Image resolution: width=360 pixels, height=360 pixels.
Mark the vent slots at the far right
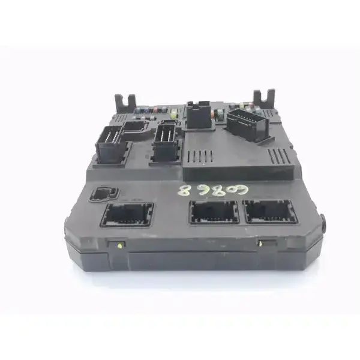pos(278,157)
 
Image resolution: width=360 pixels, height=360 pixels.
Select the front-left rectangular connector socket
pos(127,215)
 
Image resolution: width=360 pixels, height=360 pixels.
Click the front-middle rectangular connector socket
pos(214,212)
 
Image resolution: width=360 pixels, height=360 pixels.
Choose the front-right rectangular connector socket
pos(269,211)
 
